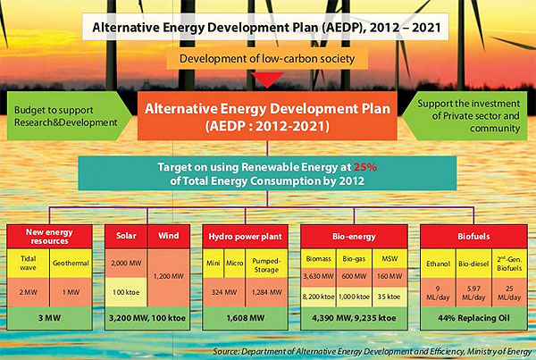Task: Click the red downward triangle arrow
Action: click(x=267, y=80)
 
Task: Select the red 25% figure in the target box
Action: click(x=365, y=167)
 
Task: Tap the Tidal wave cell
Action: click(x=28, y=263)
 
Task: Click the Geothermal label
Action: click(x=71, y=263)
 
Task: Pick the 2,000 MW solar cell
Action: click(x=126, y=263)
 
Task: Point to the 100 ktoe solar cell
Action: click(x=126, y=292)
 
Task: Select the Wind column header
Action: click(x=169, y=236)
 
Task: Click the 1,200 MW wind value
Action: click(x=169, y=276)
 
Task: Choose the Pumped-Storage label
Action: click(x=266, y=265)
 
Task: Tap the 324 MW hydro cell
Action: click(x=224, y=292)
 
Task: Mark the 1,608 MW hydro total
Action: click(x=245, y=318)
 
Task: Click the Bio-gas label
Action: click(x=354, y=259)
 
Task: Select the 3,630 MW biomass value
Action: click(x=318, y=276)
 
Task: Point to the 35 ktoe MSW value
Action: click(x=389, y=297)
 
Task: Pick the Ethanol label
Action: click(x=438, y=264)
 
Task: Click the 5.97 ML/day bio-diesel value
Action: click(x=473, y=293)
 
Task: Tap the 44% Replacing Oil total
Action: click(x=473, y=318)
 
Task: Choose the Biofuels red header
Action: click(x=473, y=236)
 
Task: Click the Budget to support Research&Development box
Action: click(x=69, y=116)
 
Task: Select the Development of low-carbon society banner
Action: click(x=267, y=58)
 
